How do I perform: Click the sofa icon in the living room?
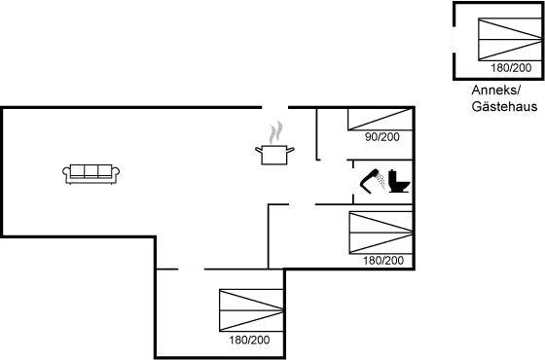click(92, 173)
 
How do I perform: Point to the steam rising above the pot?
click(275, 129)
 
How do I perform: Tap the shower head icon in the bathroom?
click(371, 182)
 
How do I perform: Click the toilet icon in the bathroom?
click(397, 182)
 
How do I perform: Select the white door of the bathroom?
click(352, 182)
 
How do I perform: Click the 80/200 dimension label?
click(381, 137)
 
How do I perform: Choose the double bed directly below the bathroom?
click(380, 234)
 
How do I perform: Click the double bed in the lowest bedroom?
click(251, 311)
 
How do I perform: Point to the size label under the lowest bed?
click(251, 341)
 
